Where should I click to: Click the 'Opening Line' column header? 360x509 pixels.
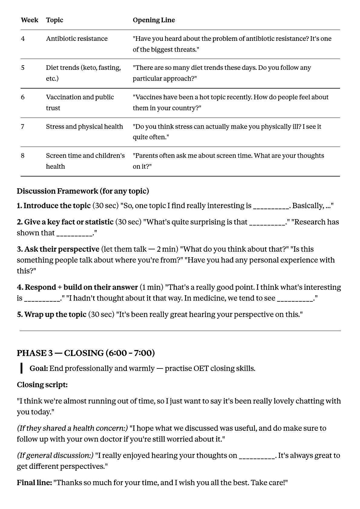[x=154, y=20]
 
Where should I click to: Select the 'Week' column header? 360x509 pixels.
[x=29, y=20]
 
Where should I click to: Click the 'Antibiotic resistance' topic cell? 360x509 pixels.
[x=77, y=39]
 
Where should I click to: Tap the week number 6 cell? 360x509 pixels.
[x=23, y=97]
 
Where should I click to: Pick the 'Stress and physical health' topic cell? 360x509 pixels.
[x=84, y=126]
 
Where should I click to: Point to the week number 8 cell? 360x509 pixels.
[x=23, y=155]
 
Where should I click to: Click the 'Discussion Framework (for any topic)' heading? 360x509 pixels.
[x=83, y=191]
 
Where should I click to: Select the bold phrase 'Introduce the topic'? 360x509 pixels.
[x=57, y=206]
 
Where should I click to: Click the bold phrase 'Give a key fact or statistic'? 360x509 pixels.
[x=69, y=222]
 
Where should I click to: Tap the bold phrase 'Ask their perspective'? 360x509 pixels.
[x=62, y=249]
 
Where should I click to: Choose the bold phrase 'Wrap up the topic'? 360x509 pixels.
[x=55, y=314]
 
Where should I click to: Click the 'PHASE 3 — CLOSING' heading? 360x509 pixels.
[x=86, y=353]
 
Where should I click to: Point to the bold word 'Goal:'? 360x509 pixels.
[x=39, y=368]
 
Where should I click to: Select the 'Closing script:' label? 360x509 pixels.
[x=42, y=384]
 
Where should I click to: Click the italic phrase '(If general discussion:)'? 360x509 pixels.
[x=55, y=455]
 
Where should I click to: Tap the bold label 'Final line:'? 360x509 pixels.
[x=34, y=482]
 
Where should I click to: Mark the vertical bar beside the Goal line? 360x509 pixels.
[x=21, y=368]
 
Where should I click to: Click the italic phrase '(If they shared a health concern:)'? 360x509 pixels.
[x=72, y=428]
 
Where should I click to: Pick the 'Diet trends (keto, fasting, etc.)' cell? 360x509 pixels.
[x=83, y=73]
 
